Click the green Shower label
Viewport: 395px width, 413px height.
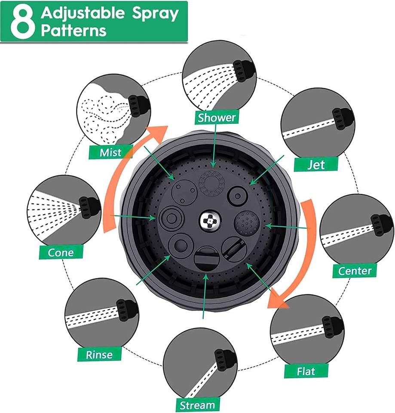[x=217, y=117]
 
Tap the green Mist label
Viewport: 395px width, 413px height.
[x=110, y=152]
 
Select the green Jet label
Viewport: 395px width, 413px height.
[x=316, y=164]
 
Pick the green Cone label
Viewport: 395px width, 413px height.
[x=61, y=253]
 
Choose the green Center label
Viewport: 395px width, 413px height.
[x=355, y=271]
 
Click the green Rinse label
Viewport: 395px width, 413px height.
[x=99, y=354]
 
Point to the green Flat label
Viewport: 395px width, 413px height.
[x=306, y=371]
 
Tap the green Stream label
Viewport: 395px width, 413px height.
[x=197, y=405]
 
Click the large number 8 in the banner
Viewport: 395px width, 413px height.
[x=23, y=22]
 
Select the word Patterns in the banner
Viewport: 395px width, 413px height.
[x=73, y=31]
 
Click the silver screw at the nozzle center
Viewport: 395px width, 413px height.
[x=209, y=221]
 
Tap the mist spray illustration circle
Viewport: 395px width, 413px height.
[x=113, y=111]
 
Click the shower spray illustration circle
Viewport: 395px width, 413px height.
[x=219, y=77]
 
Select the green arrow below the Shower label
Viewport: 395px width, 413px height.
[x=215, y=146]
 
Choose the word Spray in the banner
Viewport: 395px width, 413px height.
[x=155, y=14]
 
